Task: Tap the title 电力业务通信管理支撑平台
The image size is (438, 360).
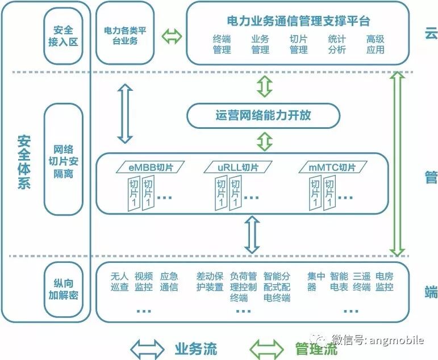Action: point(298,21)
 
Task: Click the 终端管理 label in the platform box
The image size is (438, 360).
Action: point(222,44)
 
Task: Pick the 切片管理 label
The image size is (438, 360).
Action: point(298,44)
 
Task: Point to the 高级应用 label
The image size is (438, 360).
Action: point(375,44)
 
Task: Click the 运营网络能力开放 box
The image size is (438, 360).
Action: point(263,115)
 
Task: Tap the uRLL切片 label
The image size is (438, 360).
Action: point(239,167)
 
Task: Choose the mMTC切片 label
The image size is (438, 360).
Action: point(332,167)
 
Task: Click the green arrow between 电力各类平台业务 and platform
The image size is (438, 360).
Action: point(172,37)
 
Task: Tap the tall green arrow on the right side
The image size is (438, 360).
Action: point(398,164)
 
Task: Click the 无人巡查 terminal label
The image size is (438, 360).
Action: point(120,282)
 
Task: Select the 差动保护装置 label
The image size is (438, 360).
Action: point(210,282)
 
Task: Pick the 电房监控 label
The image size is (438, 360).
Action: point(385,282)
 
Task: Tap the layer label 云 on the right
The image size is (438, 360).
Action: point(430,34)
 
